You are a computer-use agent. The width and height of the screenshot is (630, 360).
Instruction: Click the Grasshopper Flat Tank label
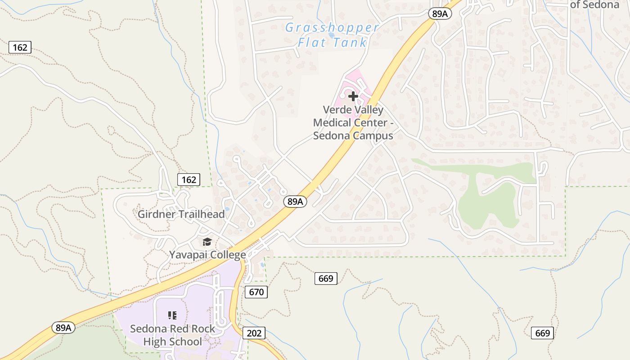click(332, 35)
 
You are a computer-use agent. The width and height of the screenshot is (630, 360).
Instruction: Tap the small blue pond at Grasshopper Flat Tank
click(332, 35)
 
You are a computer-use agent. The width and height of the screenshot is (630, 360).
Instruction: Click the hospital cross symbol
click(353, 96)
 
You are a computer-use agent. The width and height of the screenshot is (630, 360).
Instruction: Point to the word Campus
click(372, 135)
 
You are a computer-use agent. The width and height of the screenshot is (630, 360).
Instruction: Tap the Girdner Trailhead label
click(181, 214)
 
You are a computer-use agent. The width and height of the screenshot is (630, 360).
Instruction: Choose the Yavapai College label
click(207, 255)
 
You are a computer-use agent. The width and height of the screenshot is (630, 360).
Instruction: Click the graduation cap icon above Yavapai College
click(207, 243)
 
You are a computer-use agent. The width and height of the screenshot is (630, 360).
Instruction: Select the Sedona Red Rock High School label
click(173, 335)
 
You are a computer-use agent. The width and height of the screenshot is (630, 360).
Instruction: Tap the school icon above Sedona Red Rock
click(172, 315)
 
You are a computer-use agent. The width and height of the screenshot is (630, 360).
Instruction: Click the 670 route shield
click(256, 292)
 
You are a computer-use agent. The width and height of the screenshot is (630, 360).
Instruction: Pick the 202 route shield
click(254, 333)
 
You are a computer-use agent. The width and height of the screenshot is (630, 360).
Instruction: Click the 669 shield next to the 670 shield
click(325, 279)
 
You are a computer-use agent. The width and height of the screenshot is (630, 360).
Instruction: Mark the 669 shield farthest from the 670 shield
click(543, 333)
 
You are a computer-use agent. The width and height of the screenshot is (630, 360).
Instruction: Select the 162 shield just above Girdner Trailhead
click(189, 180)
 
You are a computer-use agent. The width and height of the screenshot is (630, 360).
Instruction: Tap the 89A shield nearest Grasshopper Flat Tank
click(440, 14)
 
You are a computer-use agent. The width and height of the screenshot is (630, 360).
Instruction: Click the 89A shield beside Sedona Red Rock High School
click(64, 328)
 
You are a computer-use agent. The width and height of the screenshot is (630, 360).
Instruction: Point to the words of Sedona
click(594, 5)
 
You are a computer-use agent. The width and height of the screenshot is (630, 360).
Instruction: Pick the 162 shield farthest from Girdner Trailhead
click(20, 47)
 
